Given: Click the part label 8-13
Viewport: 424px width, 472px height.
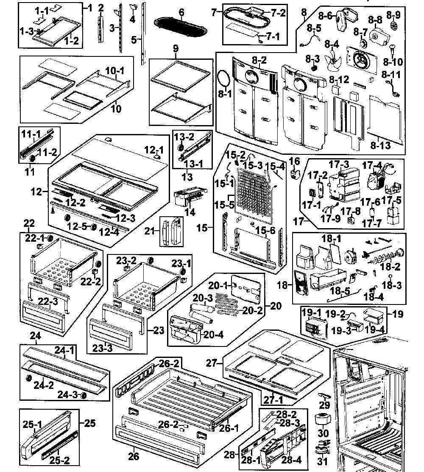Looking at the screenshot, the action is click(380, 145).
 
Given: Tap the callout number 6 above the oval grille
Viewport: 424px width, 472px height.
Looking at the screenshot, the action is click(181, 13).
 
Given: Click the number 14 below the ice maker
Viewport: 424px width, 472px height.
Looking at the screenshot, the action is click(190, 212).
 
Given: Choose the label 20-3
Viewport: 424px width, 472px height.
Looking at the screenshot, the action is click(203, 298).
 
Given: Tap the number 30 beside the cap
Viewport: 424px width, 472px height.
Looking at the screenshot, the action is click(323, 433).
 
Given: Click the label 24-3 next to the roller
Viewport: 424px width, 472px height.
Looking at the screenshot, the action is click(67, 394).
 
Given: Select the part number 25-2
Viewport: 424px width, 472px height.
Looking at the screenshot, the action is click(59, 460).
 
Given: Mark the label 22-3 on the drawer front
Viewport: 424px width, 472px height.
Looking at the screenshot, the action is click(48, 301).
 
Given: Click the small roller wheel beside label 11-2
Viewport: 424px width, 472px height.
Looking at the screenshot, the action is click(32, 158).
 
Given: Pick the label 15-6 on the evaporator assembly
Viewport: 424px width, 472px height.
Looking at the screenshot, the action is click(265, 230).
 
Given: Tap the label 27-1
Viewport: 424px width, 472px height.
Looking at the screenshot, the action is click(273, 400).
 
